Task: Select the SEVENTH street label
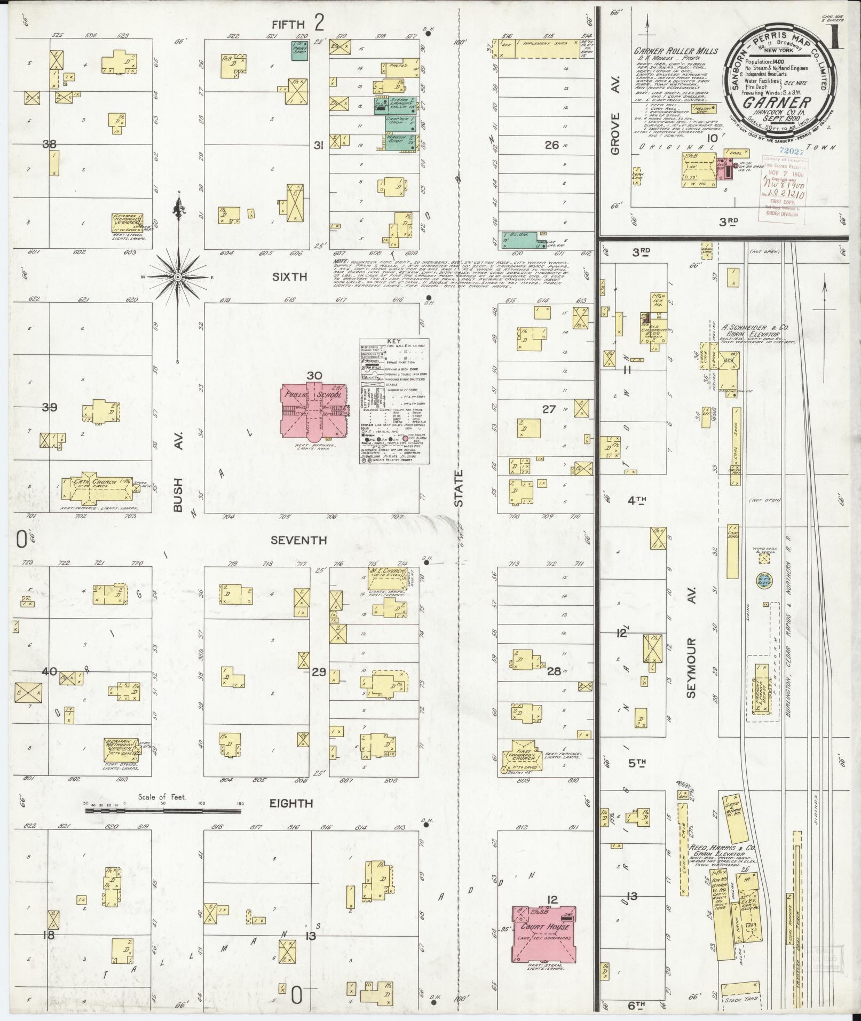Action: pos(298,540)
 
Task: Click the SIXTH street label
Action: pos(289,277)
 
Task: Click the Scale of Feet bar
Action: pos(163,825)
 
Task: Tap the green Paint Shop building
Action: pos(299,50)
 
